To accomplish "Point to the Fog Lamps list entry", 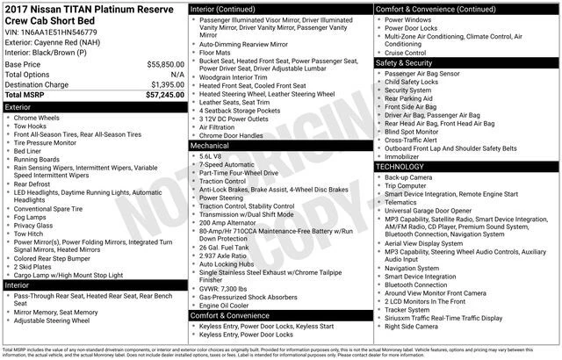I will pos(32,217).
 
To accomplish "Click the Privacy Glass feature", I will pos(36,226).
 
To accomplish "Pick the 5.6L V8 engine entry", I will pos(211,155).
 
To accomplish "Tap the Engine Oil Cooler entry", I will pos(229,305).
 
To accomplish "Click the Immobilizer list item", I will pos(403,156).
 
